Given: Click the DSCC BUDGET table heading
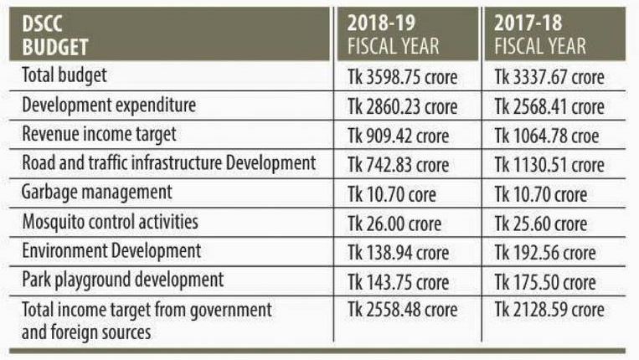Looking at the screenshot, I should pos(52,34).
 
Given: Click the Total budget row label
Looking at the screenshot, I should pos(70,76).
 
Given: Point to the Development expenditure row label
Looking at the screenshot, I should pos(109,105).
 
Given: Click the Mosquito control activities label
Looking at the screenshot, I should pos(110,222).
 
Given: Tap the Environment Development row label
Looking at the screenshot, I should pos(111,250).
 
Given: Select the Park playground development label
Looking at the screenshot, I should pos(123,280).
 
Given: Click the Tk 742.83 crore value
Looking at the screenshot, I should pos(397,164).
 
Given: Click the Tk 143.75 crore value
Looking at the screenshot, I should pos(397,280).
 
